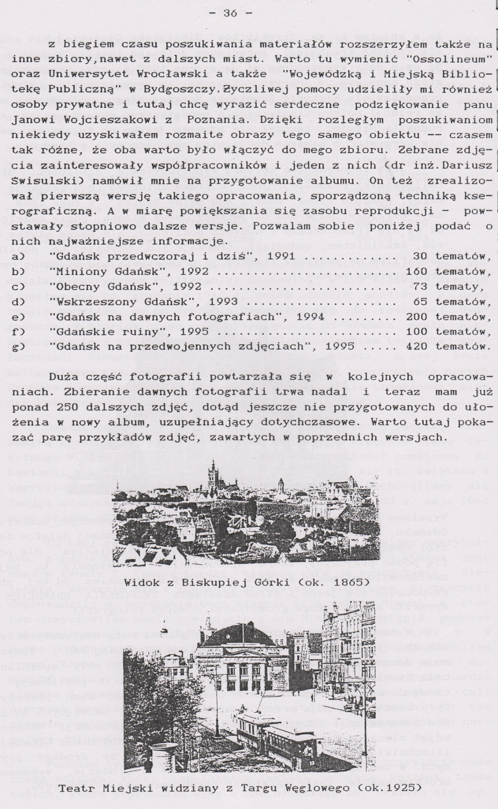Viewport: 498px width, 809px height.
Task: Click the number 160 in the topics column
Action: pos(416,272)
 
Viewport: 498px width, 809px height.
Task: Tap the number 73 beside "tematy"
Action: pos(419,287)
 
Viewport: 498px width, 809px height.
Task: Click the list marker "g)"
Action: pos(19,346)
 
